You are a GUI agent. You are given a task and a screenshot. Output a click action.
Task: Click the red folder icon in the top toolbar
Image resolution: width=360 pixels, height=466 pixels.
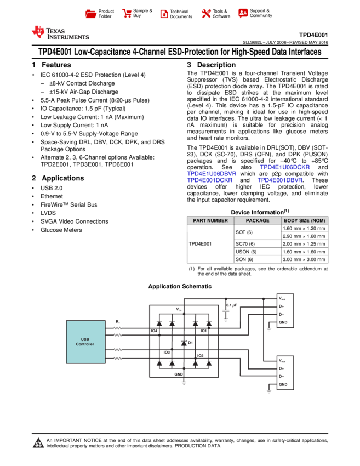click(91, 14)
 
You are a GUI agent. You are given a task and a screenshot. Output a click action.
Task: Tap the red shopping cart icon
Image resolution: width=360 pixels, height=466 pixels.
click(127, 14)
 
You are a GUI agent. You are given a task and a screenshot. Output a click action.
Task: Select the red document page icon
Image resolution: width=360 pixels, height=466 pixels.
click(164, 14)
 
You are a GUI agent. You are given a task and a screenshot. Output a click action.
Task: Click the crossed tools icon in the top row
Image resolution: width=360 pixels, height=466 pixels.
click(206, 14)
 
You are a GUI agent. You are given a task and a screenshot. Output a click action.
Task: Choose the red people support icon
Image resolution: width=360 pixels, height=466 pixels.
click(243, 13)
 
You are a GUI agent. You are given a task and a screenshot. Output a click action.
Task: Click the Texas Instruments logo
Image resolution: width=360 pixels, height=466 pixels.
click(60, 33)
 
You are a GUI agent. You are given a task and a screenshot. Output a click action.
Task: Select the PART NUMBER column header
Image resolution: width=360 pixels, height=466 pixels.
click(210, 220)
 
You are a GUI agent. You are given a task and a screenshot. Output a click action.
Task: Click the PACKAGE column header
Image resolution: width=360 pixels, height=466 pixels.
click(258, 220)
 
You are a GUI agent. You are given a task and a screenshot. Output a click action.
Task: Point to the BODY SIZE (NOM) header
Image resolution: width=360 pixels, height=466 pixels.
click(305, 220)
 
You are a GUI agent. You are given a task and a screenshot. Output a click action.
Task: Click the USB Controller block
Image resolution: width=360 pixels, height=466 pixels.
click(85, 342)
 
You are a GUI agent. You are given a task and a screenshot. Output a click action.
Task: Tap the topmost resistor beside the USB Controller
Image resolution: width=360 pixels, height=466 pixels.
click(118, 328)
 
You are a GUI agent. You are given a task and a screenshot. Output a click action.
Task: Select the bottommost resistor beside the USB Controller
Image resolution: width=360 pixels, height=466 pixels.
click(118, 358)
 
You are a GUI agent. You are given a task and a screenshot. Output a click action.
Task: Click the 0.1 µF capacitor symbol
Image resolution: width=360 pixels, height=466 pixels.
click(226, 310)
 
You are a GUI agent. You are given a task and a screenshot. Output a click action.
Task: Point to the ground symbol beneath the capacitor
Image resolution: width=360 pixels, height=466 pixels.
click(226, 319)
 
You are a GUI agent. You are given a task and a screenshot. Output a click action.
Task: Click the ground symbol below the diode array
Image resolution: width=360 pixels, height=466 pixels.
click(184, 382)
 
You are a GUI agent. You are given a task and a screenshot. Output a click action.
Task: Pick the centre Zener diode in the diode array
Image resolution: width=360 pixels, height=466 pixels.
click(184, 343)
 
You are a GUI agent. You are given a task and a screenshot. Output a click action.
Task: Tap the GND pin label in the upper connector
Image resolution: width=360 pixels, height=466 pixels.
click(283, 322)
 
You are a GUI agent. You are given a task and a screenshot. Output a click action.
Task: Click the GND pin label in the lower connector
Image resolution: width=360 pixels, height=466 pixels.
click(283, 384)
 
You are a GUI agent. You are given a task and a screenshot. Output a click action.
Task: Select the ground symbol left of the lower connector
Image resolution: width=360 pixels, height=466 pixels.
click(268, 391)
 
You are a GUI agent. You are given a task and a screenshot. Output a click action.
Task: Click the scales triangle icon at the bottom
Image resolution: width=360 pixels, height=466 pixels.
click(38, 443)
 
